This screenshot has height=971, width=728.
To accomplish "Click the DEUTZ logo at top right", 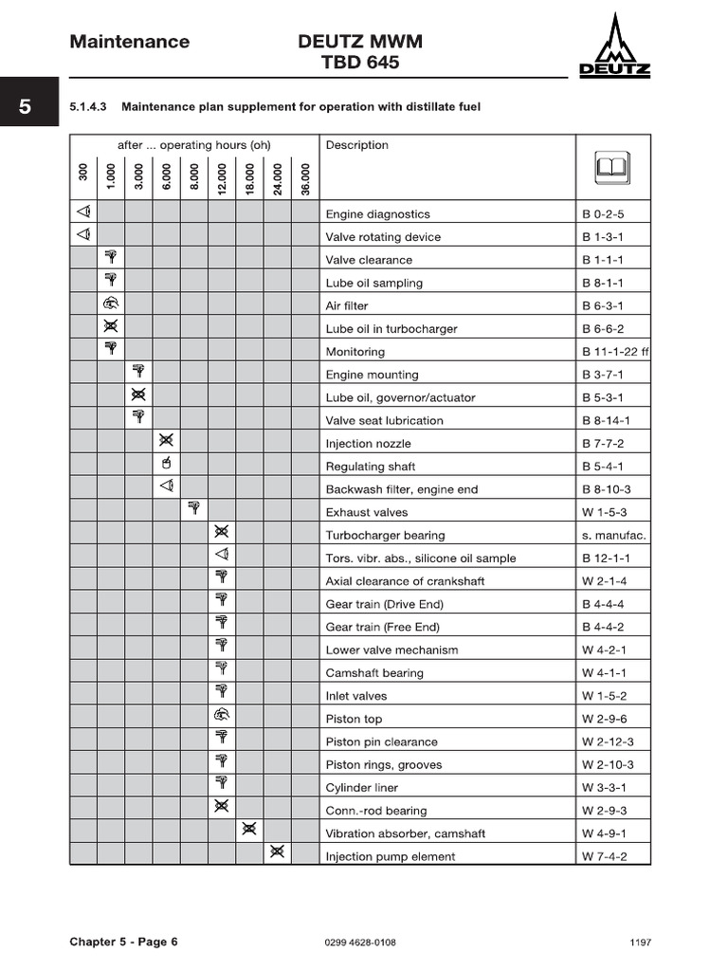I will click(614, 47).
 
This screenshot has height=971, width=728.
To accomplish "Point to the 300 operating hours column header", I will click(83, 174).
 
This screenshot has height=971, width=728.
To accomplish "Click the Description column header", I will click(357, 145).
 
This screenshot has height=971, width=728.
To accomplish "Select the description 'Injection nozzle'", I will click(369, 444).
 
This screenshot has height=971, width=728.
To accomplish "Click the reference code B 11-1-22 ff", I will click(615, 352).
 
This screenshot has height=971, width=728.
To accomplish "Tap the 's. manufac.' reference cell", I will click(613, 536).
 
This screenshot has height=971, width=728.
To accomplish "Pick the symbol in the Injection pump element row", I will click(277, 852).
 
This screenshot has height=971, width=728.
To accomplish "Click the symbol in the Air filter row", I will click(111, 304).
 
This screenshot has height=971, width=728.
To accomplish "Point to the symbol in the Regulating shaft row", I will click(166, 464).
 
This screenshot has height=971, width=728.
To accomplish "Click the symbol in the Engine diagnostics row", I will click(83, 211).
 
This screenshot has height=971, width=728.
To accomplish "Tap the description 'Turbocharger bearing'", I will click(385, 536).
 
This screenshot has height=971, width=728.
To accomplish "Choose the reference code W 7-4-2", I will click(604, 857).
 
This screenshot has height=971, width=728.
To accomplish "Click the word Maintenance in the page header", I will click(129, 42).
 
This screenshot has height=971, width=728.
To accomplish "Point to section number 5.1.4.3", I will click(89, 107).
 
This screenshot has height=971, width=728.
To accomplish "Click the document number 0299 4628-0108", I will click(360, 943).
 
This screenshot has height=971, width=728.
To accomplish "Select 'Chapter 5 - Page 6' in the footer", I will click(123, 942).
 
